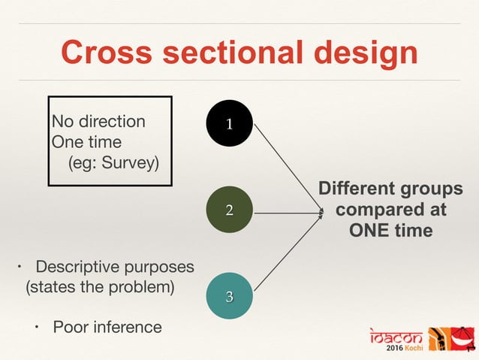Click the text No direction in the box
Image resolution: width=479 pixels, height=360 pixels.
pyautogui.click(x=98, y=121)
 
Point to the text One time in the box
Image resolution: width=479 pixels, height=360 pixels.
pyautogui.click(x=86, y=141)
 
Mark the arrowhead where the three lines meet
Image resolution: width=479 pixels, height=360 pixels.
pyautogui.click(x=319, y=213)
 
